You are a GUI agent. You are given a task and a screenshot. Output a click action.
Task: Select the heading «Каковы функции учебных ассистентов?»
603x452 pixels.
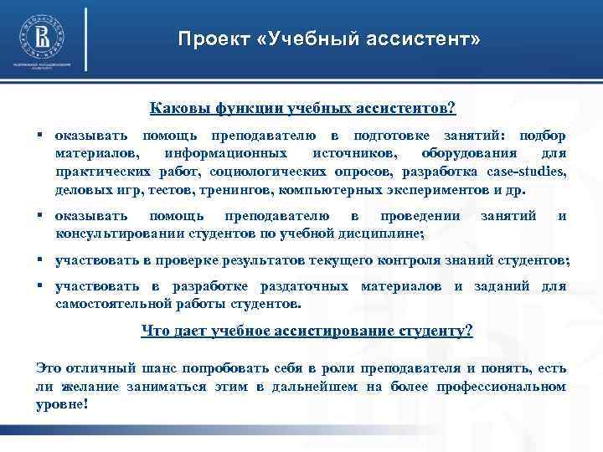tap(302, 109)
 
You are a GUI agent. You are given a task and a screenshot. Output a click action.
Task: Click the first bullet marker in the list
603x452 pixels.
tap(40, 136)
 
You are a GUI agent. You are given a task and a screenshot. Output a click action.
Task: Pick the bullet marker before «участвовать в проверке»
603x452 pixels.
tap(40, 260)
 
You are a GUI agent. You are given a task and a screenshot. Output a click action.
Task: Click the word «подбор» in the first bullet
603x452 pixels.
tap(542, 136)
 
